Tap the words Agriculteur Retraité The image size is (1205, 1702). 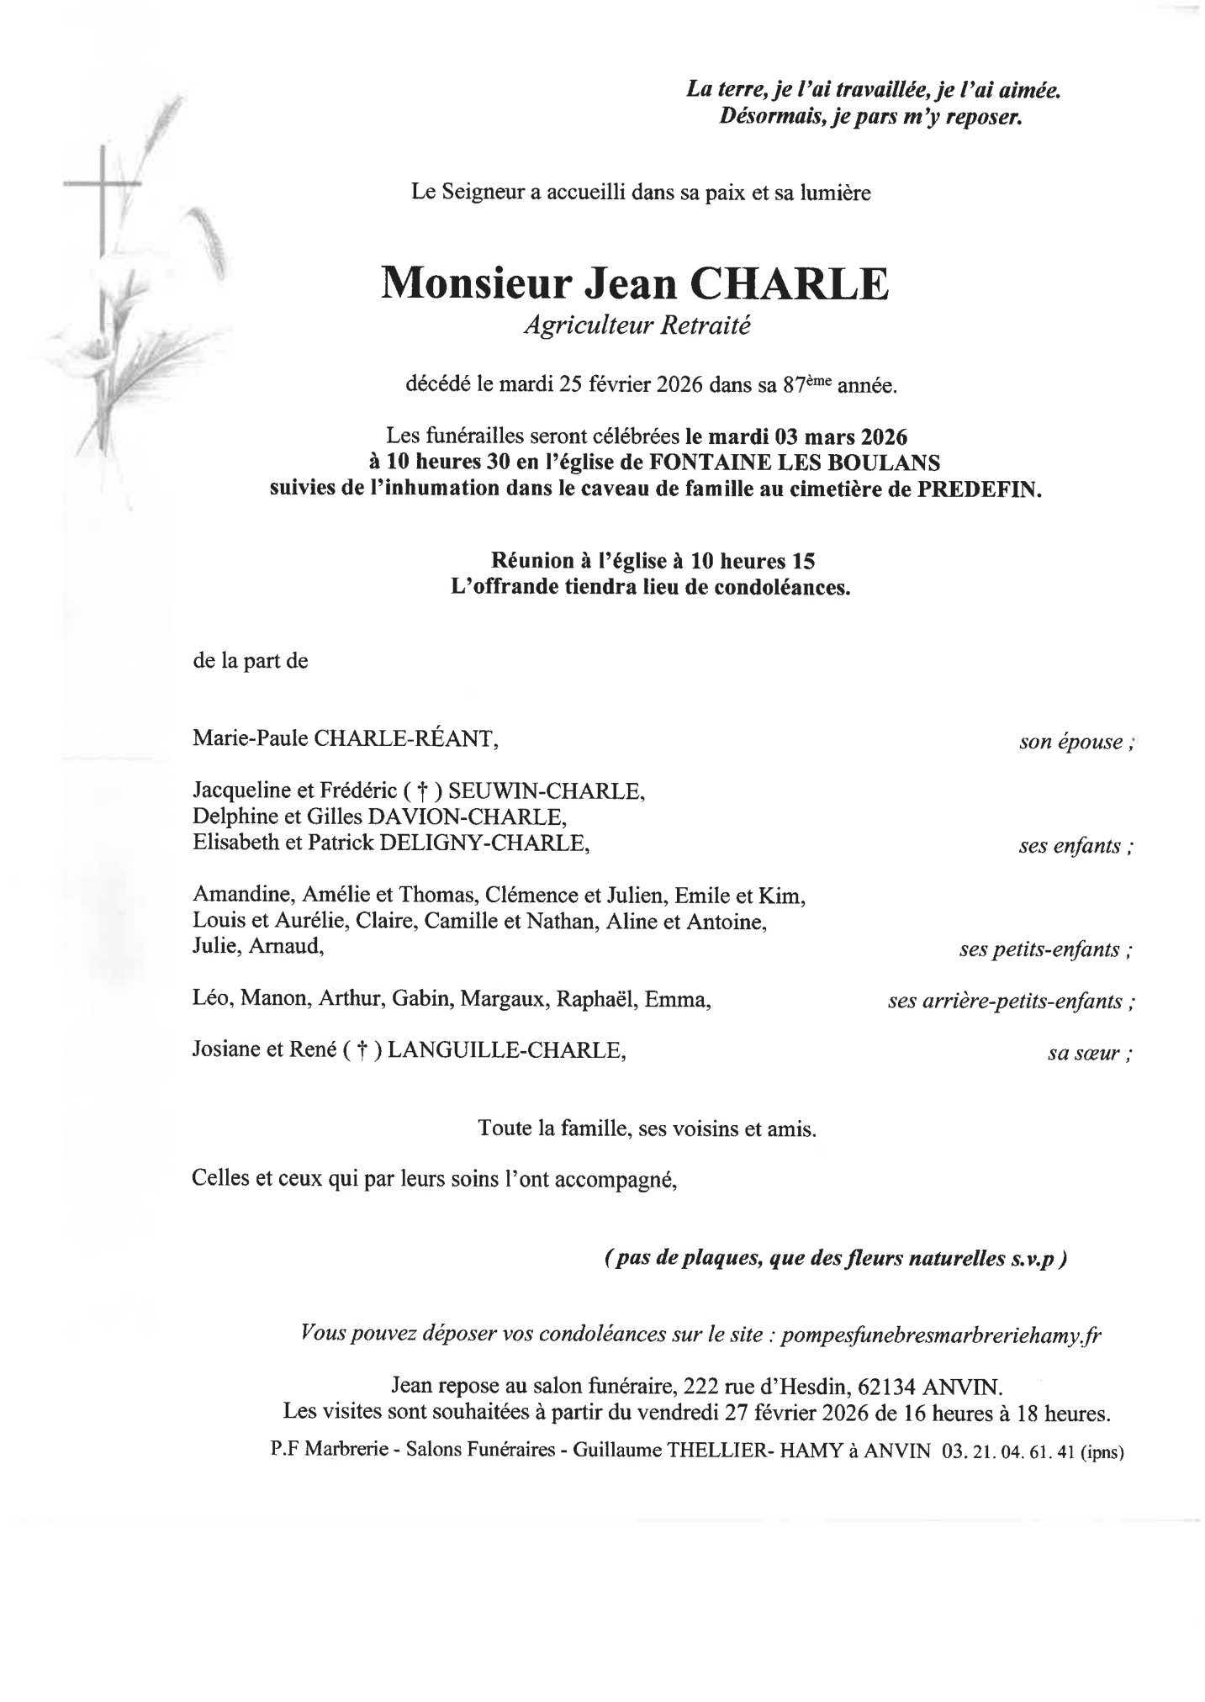point(636,326)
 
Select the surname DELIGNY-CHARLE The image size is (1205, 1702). point(483,843)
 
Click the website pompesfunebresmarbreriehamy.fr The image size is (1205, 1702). point(940,1336)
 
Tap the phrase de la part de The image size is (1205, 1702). point(251,661)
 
